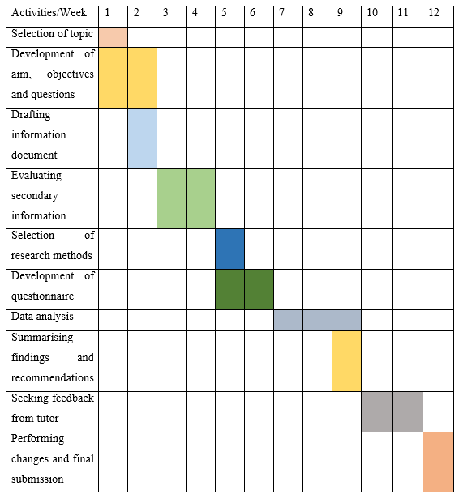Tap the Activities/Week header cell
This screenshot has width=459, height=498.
tap(50, 14)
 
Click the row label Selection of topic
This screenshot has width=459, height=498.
tap(50, 35)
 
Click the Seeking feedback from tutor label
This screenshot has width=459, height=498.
tap(52, 407)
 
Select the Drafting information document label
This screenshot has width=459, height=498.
tap(39, 134)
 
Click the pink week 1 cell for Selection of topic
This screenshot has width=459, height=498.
tap(113, 36)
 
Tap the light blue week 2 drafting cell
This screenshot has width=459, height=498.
tap(142, 138)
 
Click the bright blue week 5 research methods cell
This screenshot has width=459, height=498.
tap(229, 249)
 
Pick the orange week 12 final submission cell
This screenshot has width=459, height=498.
tap(438, 461)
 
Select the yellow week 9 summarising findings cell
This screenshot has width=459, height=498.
tap(346, 360)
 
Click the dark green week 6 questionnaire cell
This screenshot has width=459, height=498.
tap(259, 289)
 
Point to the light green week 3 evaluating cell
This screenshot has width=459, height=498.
tap(171, 198)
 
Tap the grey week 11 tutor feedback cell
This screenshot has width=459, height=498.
tap(408, 411)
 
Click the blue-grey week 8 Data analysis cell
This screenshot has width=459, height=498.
tap(317, 320)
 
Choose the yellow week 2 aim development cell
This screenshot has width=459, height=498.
tap(142, 77)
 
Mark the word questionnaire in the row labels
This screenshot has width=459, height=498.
tap(42, 296)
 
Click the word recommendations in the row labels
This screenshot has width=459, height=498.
tap(52, 377)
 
